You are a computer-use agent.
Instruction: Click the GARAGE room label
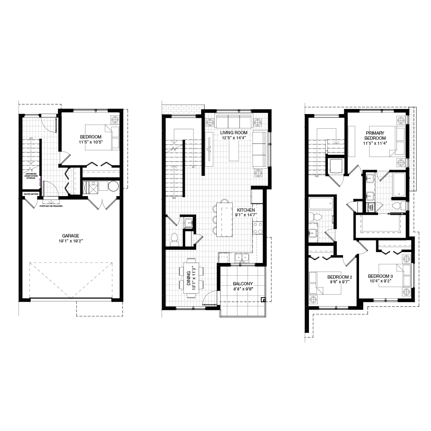71,236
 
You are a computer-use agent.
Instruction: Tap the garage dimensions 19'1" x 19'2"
71,241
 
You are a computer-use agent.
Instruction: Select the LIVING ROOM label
234,133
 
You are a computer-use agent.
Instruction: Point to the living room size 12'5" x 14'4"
234,138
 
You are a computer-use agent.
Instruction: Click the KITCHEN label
246,210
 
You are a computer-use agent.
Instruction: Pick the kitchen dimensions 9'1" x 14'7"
246,215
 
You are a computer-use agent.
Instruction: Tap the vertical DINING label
189,278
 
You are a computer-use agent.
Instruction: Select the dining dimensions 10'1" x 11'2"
194,278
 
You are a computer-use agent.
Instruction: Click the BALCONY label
243,284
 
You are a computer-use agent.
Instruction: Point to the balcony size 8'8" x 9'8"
243,289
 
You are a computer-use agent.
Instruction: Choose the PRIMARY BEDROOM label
375,136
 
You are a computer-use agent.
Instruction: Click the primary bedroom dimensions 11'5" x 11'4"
375,144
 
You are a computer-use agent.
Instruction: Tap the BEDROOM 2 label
340,277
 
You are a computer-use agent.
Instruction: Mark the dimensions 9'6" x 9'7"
340,282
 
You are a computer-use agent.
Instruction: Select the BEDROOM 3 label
380,276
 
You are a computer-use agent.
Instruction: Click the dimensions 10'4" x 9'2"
380,281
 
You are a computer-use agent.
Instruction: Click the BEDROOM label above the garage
91,137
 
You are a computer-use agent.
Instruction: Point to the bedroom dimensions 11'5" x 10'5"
91,142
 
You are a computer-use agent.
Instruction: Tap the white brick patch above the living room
182,109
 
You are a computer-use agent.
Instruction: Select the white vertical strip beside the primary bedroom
412,149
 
